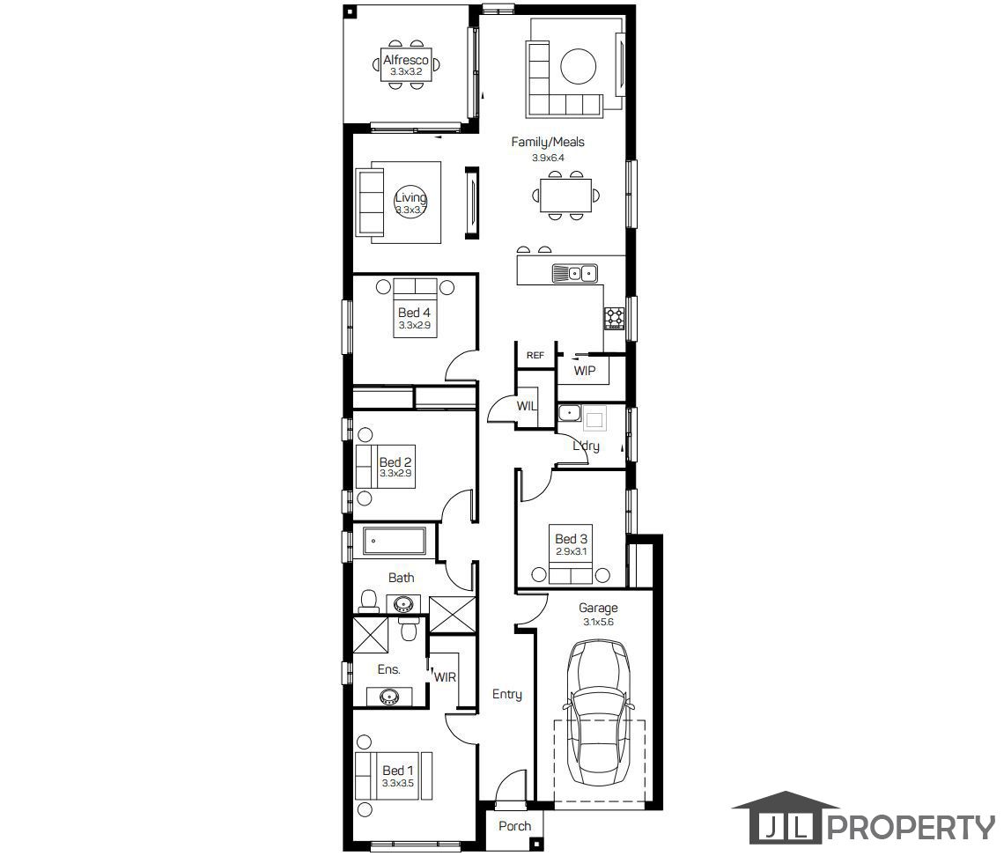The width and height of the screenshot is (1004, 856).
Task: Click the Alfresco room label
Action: coord(406,60)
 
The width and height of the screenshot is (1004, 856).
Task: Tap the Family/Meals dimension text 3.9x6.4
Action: coord(548,158)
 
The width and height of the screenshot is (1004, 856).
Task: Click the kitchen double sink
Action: coord(575,273)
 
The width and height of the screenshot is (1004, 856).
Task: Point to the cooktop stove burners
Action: coord(615,318)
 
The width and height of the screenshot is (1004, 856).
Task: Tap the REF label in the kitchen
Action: coord(535,355)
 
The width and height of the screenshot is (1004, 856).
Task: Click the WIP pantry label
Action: coord(585,371)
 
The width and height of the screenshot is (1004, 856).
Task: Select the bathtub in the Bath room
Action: coord(395,541)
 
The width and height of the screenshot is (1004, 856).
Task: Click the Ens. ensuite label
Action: coord(388,669)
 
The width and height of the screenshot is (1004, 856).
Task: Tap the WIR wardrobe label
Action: coord(445,676)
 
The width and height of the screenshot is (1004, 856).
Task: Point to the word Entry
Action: coord(507,694)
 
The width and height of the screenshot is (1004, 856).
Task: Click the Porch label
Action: coord(515,826)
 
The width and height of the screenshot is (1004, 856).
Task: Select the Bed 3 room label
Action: coord(572,539)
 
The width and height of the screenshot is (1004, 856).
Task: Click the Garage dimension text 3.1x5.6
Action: coord(598,622)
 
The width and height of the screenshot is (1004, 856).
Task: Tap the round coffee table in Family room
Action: coord(579,66)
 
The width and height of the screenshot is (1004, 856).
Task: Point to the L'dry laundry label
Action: coord(586,446)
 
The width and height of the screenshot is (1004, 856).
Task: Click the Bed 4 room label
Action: coord(414,313)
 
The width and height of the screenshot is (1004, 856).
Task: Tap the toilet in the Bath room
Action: coord(368,601)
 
